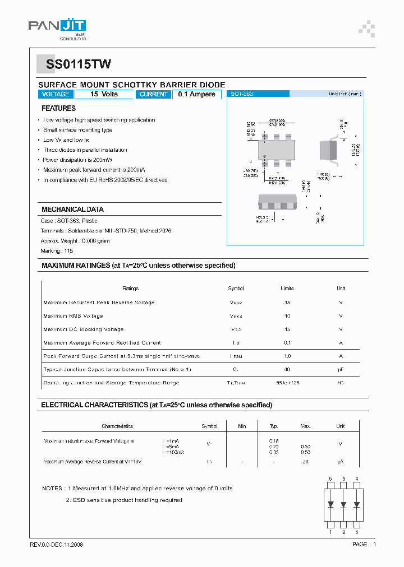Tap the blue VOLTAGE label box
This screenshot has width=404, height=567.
click(x=56, y=94)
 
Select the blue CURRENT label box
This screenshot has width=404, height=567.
click(x=153, y=94)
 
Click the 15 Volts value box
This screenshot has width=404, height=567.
click(x=104, y=94)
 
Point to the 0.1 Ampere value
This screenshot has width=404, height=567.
click(x=196, y=94)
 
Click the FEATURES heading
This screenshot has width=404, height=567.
click(x=58, y=108)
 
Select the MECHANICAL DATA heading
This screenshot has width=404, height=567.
click(x=72, y=209)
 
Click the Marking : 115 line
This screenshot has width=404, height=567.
click(x=57, y=250)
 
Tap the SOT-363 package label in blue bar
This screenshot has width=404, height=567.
click(x=242, y=94)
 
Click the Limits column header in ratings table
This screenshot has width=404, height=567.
click(x=287, y=289)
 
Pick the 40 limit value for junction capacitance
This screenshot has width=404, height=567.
click(x=287, y=370)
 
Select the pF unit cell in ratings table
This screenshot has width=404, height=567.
click(x=341, y=370)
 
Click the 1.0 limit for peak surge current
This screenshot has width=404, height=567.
click(x=287, y=356)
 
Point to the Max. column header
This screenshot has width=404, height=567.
click(x=305, y=426)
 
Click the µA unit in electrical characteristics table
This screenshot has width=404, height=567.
click(x=340, y=462)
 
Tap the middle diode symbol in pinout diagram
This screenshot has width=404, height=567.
click(x=343, y=504)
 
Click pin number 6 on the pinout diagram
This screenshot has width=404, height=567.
click(x=330, y=479)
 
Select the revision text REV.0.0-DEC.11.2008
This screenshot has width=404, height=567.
click(x=56, y=545)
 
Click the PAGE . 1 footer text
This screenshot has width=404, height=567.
click(x=364, y=545)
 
